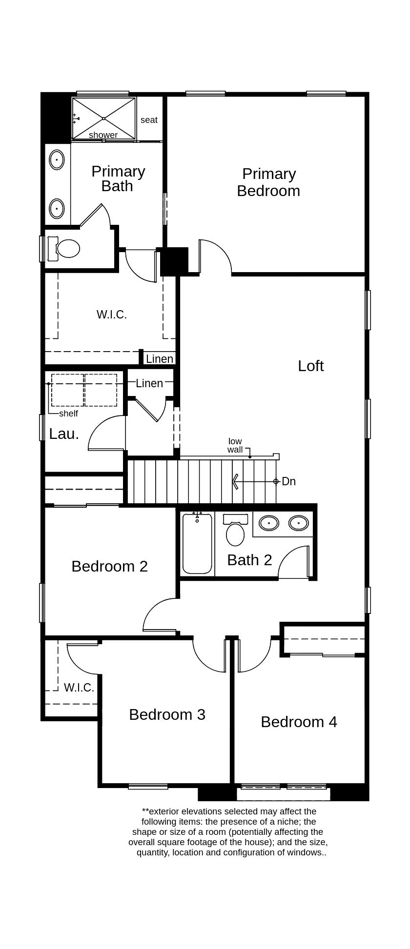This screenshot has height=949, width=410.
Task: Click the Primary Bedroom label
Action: point(268,182)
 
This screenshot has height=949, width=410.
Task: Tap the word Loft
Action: point(310,366)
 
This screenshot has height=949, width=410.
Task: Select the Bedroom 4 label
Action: point(299,722)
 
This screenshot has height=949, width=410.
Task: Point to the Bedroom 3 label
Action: point(167,714)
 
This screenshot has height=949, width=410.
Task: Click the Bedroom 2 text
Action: point(109,566)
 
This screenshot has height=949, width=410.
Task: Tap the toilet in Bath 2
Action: point(235,534)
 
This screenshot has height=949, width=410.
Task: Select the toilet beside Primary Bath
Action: point(67,248)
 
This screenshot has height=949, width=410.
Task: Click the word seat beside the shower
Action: point(149,120)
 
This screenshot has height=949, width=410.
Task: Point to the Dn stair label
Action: point(288,481)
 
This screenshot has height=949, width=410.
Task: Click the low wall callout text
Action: point(235,446)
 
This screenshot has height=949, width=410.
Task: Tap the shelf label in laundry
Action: point(68,414)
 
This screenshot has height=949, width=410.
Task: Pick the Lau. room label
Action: point(64,434)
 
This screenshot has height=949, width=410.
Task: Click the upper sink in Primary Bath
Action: point(57,159)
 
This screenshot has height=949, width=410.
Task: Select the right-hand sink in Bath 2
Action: point(298,523)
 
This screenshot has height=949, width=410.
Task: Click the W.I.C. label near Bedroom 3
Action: point(79,688)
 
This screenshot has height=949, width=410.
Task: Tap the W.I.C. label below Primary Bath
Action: point(112,315)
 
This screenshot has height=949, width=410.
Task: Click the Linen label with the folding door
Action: point(149,383)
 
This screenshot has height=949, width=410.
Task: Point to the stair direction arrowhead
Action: point(235,481)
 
